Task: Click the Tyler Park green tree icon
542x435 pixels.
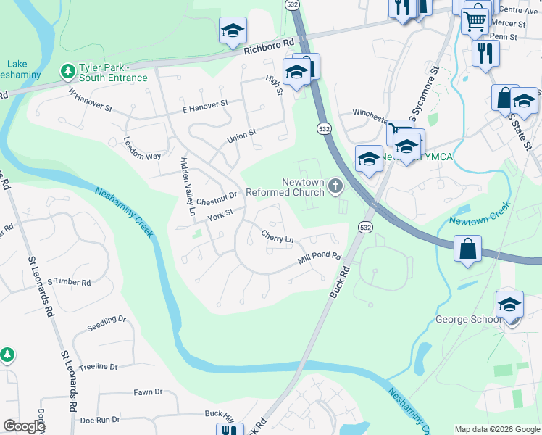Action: coord(67,71)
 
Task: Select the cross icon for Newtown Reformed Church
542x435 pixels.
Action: coord(335,186)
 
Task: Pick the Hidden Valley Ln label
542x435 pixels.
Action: coord(185,187)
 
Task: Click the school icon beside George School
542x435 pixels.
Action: coord(509,304)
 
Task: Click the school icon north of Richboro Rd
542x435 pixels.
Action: coord(233,30)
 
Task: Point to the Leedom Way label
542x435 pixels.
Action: coord(142,147)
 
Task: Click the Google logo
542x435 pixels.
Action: coord(24,426)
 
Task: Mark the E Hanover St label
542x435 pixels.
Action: coord(205,107)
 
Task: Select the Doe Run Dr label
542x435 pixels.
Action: coord(99,420)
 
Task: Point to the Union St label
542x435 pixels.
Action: coord(242,134)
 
